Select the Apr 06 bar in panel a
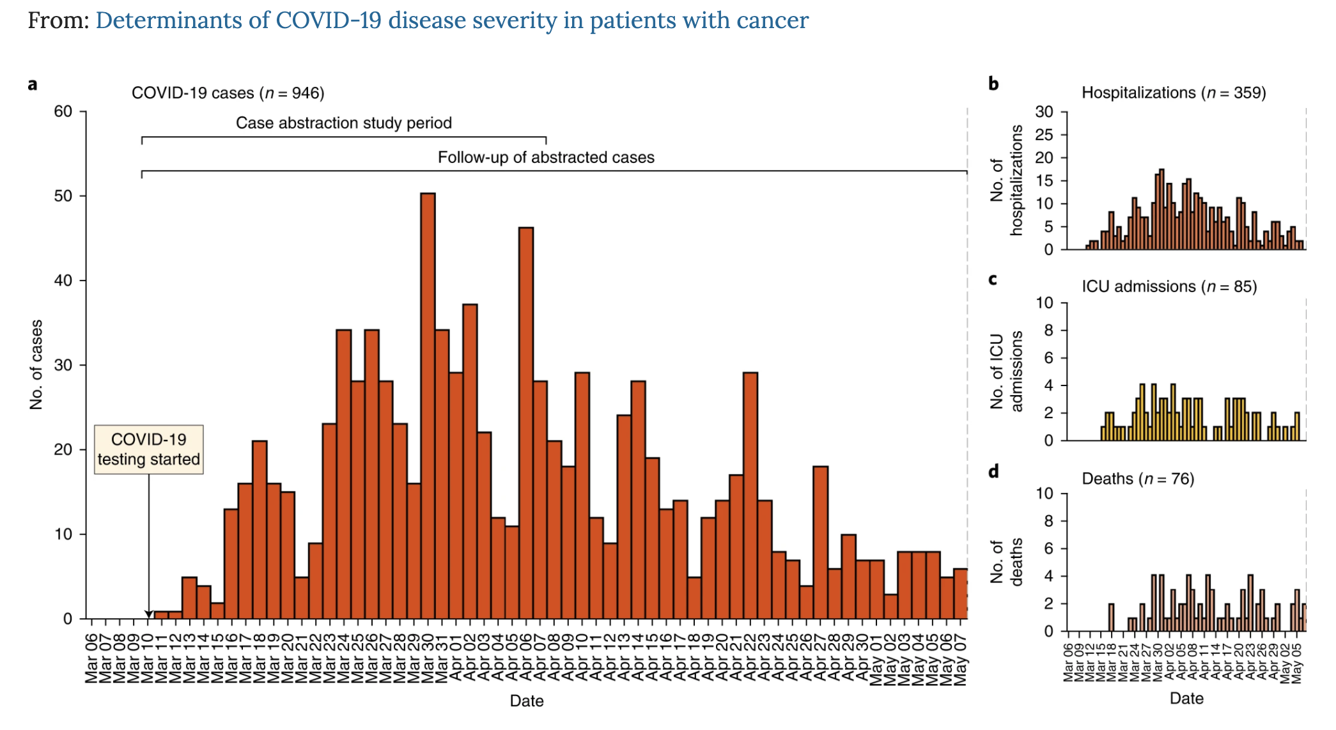coord(526,422)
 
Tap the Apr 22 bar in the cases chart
coord(750,495)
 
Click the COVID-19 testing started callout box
coord(149,449)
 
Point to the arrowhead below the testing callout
coord(149,614)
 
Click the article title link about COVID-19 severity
coord(452,20)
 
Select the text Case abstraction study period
coord(343,123)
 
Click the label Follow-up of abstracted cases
coord(546,157)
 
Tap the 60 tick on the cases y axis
coord(63,111)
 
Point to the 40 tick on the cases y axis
coord(63,281)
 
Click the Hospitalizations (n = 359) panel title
coord(1174,93)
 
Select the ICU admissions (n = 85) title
coord(1169,286)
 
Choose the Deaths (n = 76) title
coord(1138,479)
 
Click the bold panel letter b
coord(993,84)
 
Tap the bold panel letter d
coord(993,472)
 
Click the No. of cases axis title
coord(36,364)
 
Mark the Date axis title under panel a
coord(527,701)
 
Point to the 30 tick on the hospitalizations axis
coord(1044,112)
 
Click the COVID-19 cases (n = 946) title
coord(228,93)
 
